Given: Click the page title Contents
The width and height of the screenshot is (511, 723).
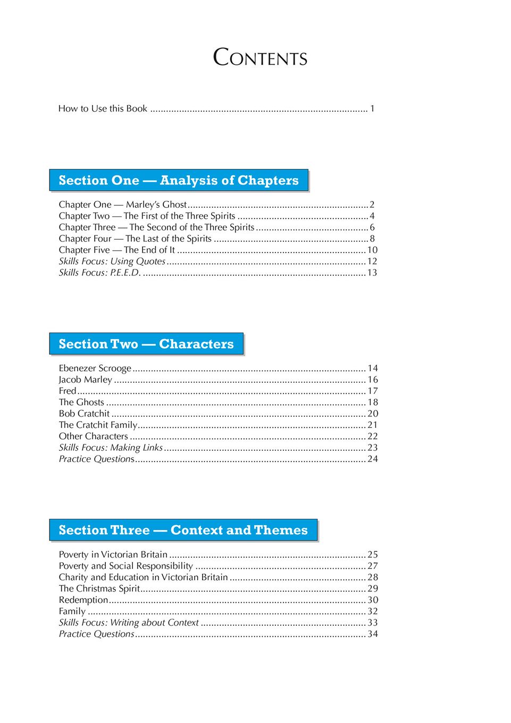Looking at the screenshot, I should (x=260, y=57).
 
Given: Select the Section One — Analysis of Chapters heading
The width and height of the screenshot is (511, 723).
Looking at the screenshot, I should (x=179, y=180).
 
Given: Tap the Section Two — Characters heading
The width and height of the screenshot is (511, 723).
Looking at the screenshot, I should (x=146, y=344).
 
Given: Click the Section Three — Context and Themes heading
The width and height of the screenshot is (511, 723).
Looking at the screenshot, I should (x=183, y=530).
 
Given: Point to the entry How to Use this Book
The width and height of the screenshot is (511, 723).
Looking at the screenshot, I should (x=103, y=108).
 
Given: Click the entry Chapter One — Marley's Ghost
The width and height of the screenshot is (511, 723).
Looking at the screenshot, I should (x=123, y=205).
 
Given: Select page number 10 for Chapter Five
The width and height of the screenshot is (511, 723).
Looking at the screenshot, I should (x=372, y=250).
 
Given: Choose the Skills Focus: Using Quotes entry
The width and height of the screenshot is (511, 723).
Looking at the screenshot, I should (x=112, y=262).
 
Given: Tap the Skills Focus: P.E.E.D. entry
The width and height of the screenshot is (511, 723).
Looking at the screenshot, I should (x=99, y=273).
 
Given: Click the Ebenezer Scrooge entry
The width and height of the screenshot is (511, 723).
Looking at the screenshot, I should (x=95, y=368).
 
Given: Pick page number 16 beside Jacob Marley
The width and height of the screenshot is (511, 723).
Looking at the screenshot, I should (x=373, y=380).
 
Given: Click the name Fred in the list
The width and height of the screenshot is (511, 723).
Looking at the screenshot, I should (x=68, y=391).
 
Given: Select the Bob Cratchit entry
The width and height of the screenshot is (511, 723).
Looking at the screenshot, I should (x=84, y=414).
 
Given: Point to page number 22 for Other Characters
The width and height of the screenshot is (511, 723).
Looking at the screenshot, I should (x=373, y=436).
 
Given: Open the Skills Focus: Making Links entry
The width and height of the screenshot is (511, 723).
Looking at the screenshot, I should (x=111, y=448).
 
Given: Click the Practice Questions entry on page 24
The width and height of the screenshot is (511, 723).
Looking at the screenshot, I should (x=97, y=459).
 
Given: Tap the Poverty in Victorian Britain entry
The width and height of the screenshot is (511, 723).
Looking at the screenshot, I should (x=113, y=554).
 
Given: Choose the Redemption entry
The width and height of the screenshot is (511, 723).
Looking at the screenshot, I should (x=83, y=600).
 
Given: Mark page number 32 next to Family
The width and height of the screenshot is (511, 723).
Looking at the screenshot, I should (x=373, y=611).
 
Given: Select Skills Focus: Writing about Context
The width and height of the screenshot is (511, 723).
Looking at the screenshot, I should (x=129, y=623).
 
